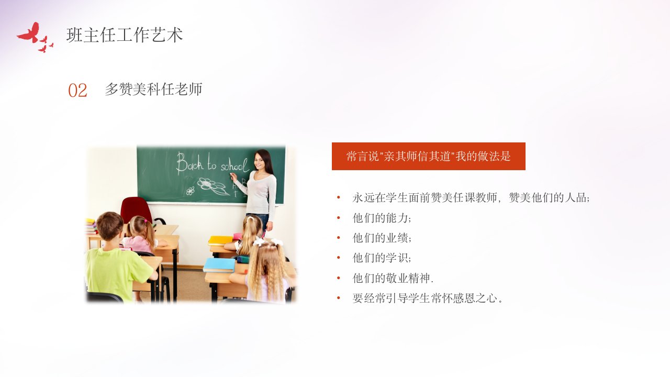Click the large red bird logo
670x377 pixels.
(x=30, y=33)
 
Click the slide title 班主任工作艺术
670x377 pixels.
(x=125, y=35)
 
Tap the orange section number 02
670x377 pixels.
(x=77, y=91)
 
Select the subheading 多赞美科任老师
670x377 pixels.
(x=153, y=89)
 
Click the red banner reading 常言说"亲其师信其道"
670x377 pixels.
(x=428, y=156)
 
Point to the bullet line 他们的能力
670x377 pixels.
(x=382, y=218)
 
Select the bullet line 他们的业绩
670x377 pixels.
(x=382, y=238)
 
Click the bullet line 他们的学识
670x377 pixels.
(x=382, y=258)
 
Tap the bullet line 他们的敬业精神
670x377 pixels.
(x=393, y=278)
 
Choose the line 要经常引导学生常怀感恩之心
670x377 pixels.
(x=427, y=298)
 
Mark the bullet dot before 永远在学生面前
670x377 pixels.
(x=339, y=197)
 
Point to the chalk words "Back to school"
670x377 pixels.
(x=212, y=163)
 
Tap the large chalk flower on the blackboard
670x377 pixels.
(x=212, y=186)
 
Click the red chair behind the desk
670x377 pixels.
(x=137, y=210)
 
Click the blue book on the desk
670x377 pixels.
(x=219, y=265)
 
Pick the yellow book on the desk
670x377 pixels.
(x=220, y=240)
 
